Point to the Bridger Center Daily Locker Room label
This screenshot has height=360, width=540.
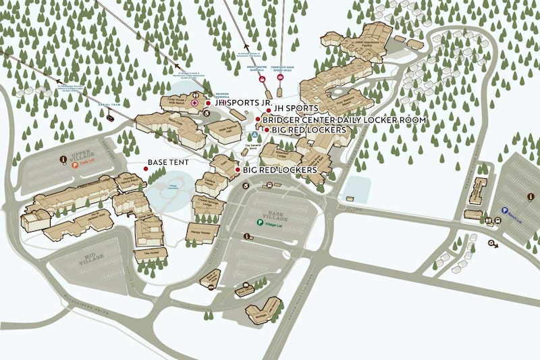344,120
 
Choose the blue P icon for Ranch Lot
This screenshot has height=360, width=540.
504,210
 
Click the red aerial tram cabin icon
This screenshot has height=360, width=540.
109,116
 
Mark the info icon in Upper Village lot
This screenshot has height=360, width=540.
63,159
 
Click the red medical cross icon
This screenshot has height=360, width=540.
195,103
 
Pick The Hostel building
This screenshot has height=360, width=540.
146,255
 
